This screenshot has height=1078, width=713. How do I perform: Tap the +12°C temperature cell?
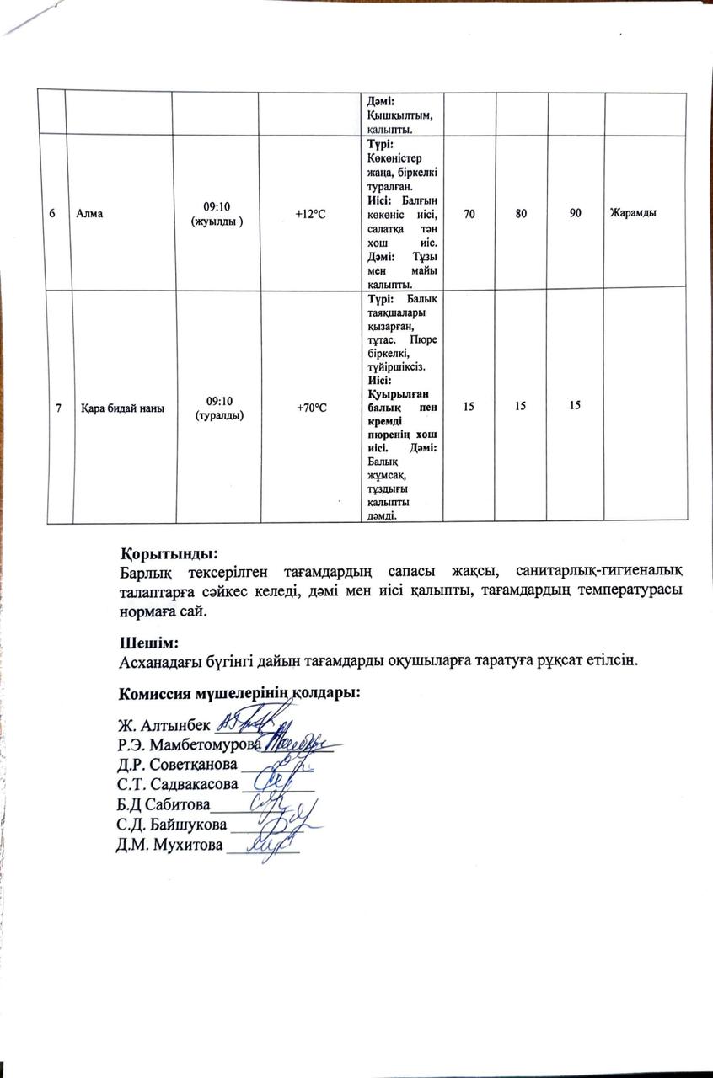310,213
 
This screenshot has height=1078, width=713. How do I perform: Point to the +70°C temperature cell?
311,408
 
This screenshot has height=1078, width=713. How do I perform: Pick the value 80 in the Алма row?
523,213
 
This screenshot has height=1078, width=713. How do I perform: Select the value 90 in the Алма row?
575,213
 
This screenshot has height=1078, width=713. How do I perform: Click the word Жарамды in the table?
633,212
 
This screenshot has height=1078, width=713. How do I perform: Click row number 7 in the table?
57,408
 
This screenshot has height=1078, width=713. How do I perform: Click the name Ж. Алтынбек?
164,724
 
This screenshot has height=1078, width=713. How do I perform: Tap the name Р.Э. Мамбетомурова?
189,744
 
